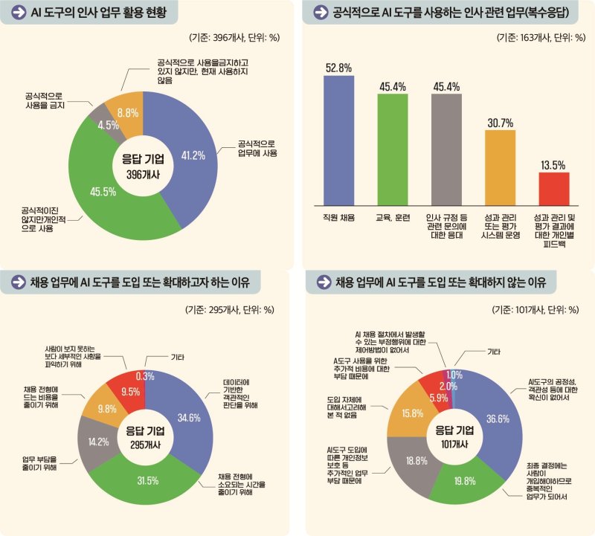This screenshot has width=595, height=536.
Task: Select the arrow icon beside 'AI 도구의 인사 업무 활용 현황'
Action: point(16,12)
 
